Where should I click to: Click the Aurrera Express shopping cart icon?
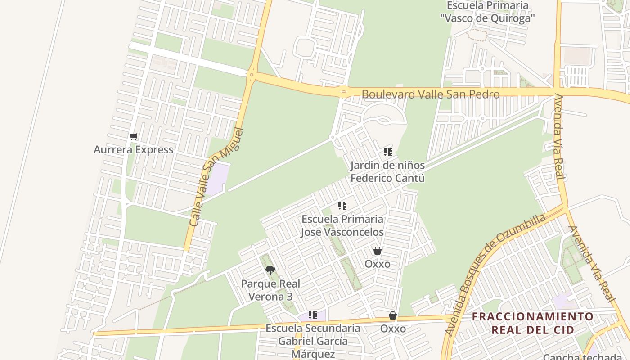[133, 136]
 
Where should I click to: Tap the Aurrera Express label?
[133, 150]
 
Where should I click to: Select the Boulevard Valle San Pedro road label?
[430, 94]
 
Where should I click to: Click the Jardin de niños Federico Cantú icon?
[387, 152]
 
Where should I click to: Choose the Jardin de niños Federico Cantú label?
[387, 172]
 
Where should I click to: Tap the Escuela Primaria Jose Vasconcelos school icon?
[342, 206]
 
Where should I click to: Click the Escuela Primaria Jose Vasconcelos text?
[342, 226]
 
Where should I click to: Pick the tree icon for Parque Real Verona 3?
[270, 270]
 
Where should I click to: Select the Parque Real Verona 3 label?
[270, 290]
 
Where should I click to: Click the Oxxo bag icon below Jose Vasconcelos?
[378, 251]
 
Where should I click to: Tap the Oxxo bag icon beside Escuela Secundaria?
[393, 315]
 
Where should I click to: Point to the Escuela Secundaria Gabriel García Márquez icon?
[313, 315]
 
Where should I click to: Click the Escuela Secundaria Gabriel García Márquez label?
[313, 341]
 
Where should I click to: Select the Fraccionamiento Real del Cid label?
[533, 323]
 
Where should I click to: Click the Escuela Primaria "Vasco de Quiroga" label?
[487, 12]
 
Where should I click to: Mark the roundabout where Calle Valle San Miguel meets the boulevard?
[251, 75]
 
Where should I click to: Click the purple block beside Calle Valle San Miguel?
[217, 179]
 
